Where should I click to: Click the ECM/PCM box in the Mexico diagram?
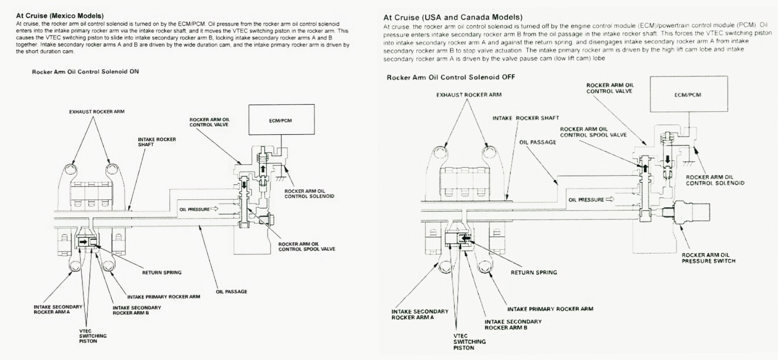pyautogui.click(x=281, y=120)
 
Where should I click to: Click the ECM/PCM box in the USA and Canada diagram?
pyautogui.click(x=688, y=94)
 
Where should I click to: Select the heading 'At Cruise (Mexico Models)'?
pyautogui.click(x=60, y=16)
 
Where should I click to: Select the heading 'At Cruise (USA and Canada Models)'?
pyautogui.click(x=453, y=17)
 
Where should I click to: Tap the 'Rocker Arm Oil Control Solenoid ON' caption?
pyautogui.click(x=85, y=72)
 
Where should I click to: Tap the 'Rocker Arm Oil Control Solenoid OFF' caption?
pyautogui.click(x=451, y=77)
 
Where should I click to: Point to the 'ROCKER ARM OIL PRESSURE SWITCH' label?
pyautogui.click(x=709, y=258)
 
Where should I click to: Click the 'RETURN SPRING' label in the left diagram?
pyautogui.click(x=162, y=272)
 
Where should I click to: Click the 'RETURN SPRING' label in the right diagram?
pyautogui.click(x=534, y=272)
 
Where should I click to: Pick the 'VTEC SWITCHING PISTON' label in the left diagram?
pyautogui.click(x=92, y=336)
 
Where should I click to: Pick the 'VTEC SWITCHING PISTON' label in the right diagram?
pyautogui.click(x=469, y=342)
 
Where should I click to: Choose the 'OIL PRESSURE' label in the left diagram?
pyautogui.click(x=194, y=209)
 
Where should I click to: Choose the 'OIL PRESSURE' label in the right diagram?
pyautogui.click(x=586, y=200)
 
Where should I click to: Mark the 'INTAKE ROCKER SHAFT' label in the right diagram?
pyautogui.click(x=525, y=118)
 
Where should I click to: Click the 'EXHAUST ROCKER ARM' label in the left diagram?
pyautogui.click(x=97, y=112)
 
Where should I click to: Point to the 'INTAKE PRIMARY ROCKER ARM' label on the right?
pyautogui.click(x=550, y=309)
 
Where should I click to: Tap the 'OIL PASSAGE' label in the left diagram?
pyautogui.click(x=231, y=291)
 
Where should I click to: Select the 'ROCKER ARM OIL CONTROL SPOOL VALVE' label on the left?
pyautogui.click(x=307, y=247)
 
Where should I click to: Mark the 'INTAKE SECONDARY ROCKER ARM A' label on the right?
pyautogui.click(x=420, y=314)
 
